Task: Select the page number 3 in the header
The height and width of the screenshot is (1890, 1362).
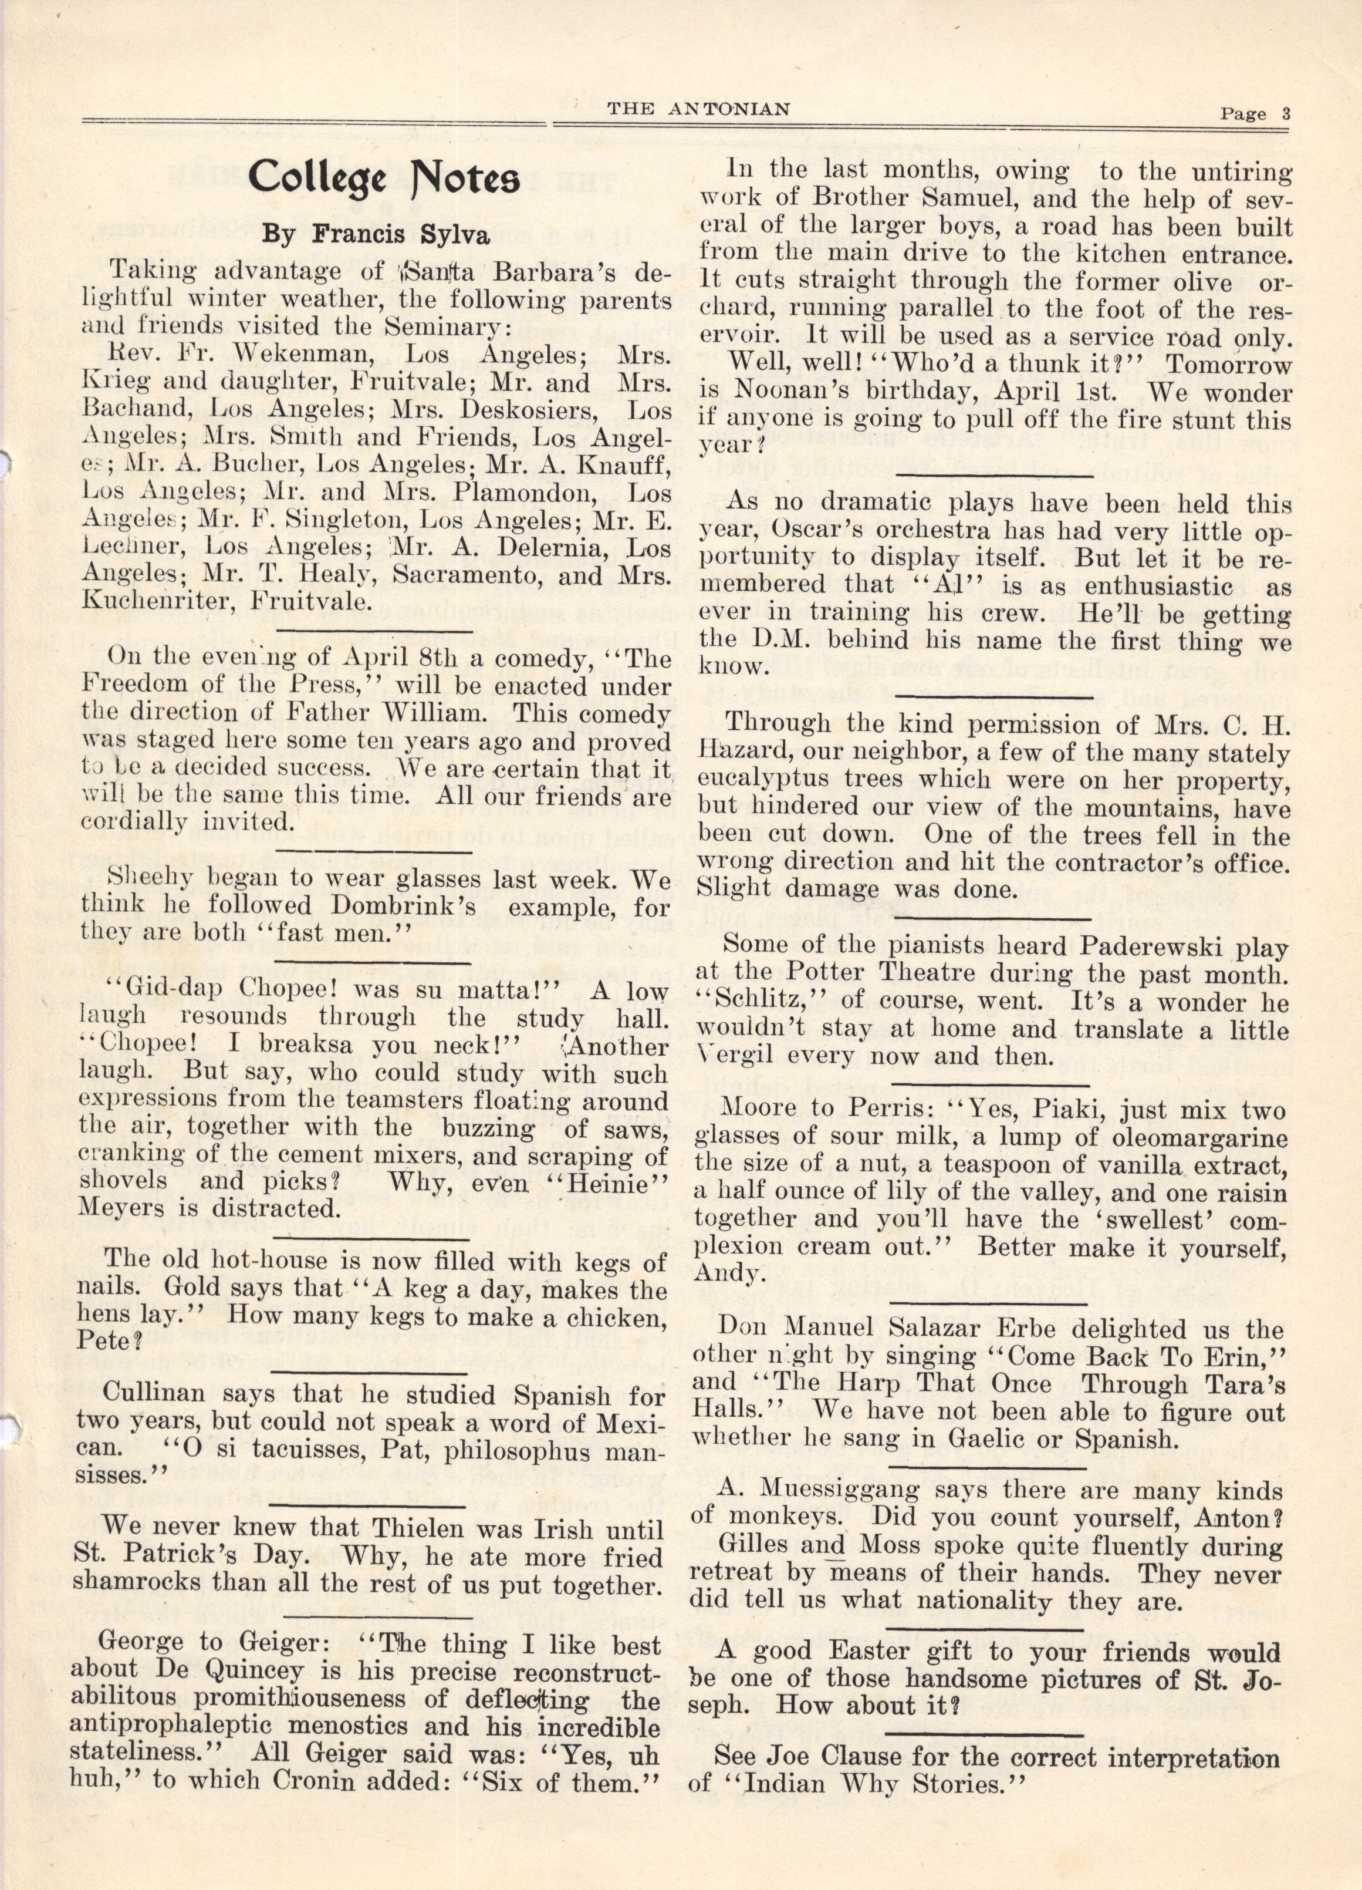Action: [1286, 115]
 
